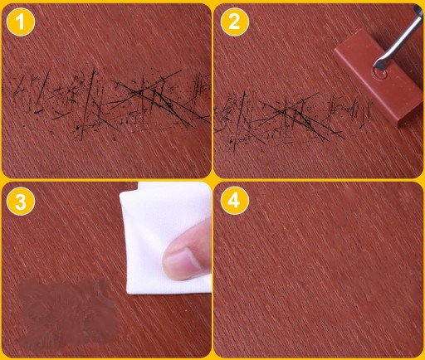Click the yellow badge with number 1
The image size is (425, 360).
21,22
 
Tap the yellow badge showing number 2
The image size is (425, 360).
235,22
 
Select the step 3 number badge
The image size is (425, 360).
21,201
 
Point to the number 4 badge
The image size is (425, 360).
235,201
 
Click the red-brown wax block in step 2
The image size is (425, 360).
379,77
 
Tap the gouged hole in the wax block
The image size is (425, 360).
380,74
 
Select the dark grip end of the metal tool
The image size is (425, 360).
418,10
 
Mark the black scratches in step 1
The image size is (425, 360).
110,104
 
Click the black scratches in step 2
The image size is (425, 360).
293,119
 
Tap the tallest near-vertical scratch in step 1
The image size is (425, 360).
88,104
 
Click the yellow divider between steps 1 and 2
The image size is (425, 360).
212,90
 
